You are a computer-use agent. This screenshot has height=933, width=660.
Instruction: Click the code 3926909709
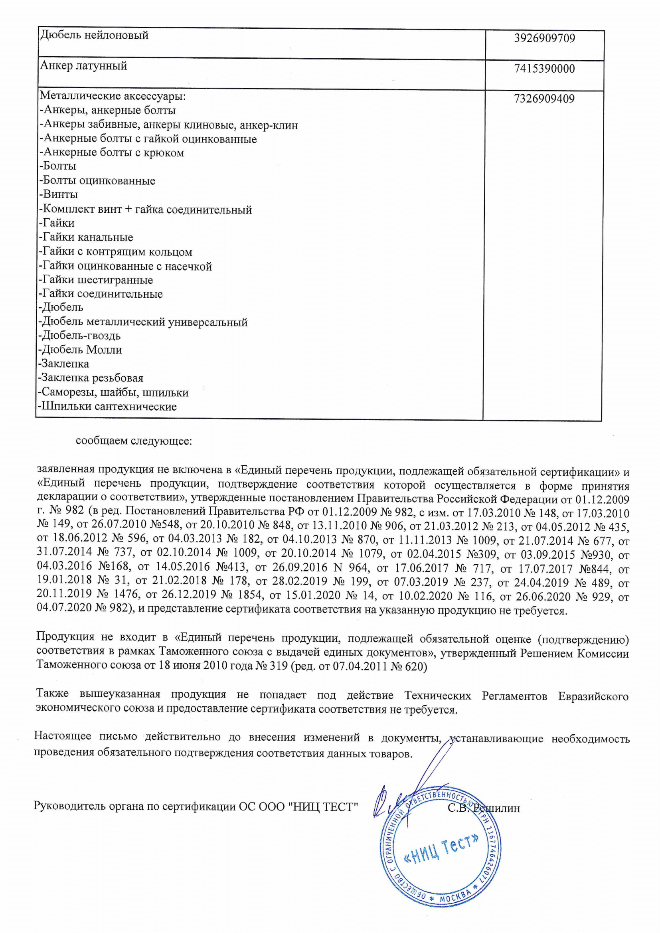tap(544, 39)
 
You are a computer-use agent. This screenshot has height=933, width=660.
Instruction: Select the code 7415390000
tap(544, 69)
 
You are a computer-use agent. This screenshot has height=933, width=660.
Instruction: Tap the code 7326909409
tap(544, 99)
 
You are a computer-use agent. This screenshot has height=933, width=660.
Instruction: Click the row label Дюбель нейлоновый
tap(94, 36)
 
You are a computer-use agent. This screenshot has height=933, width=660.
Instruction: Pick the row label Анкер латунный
tap(84, 66)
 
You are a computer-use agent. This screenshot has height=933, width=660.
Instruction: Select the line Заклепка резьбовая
tap(91, 378)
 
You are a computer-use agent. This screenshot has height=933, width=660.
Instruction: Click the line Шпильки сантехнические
tap(108, 407)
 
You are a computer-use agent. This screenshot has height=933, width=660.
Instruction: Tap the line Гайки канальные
tap(86, 237)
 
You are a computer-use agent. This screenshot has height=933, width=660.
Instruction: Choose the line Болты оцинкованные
tap(97, 181)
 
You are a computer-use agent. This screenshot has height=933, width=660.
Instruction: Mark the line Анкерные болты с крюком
tap(112, 153)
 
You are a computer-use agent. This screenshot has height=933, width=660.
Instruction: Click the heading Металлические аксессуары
tap(113, 96)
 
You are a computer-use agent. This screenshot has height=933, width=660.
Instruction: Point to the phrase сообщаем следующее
tap(134, 441)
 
